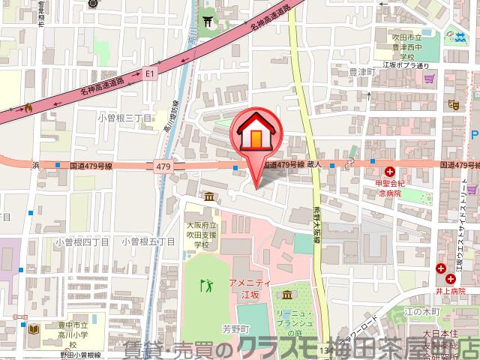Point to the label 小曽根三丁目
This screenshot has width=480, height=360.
(124, 118)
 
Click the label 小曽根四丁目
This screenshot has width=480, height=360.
(82, 241)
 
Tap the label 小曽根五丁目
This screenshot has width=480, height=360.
(147, 241)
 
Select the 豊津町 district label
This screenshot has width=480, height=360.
(361, 73)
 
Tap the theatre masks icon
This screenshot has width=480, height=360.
(452, 105)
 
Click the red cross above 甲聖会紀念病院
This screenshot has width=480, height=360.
(391, 171)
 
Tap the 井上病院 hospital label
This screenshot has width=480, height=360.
(451, 290)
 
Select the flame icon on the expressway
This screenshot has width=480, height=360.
(28, 107)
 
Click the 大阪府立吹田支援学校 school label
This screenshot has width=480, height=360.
(202, 234)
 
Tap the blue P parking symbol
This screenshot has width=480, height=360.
(475, 135)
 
